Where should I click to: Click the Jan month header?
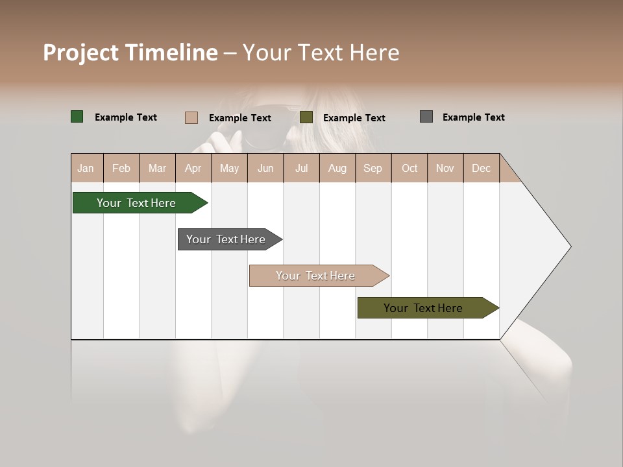pyautogui.click(x=86, y=168)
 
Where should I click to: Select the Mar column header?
pyautogui.click(x=157, y=168)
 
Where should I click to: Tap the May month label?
pyautogui.click(x=229, y=168)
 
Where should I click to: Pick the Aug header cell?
pyautogui.click(x=337, y=168)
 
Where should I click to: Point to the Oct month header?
pyautogui.click(x=409, y=168)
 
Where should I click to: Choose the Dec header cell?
pyautogui.click(x=481, y=168)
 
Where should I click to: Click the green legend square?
pyautogui.click(x=77, y=117)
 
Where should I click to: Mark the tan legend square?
pyautogui.click(x=191, y=117)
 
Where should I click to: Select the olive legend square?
pyautogui.click(x=306, y=117)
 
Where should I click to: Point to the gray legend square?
pyautogui.click(x=426, y=117)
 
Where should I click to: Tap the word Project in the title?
pyautogui.click(x=80, y=53)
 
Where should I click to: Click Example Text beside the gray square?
pyautogui.click(x=473, y=117)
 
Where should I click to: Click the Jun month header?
pyautogui.click(x=265, y=168)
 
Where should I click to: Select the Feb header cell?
pyautogui.click(x=121, y=168)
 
